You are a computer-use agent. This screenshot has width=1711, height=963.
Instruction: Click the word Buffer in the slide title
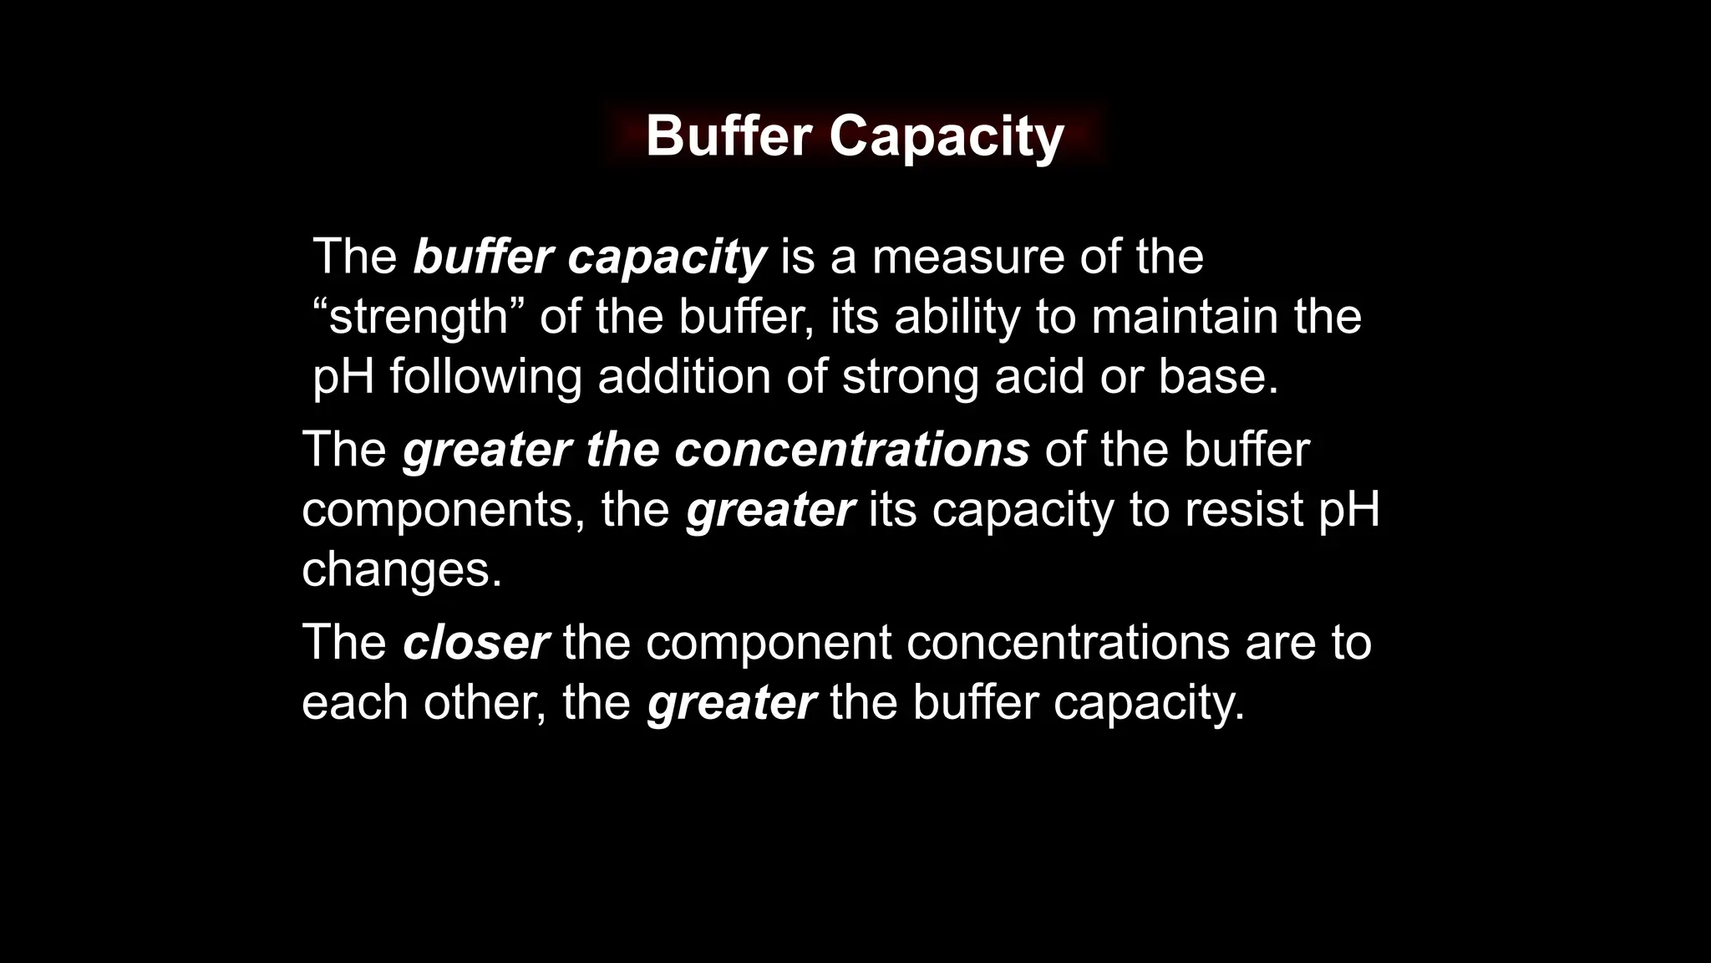click(729, 135)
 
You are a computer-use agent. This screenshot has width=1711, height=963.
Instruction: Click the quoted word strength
click(419, 318)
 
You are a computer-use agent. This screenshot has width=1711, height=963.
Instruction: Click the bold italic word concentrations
click(852, 450)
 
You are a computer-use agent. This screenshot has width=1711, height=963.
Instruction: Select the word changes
click(401, 569)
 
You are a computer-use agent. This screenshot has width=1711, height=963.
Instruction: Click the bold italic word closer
click(475, 642)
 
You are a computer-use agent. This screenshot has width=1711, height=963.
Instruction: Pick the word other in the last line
click(485, 701)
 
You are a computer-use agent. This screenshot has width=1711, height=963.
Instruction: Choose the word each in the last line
click(354, 701)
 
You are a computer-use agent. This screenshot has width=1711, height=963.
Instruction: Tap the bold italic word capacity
click(667, 258)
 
